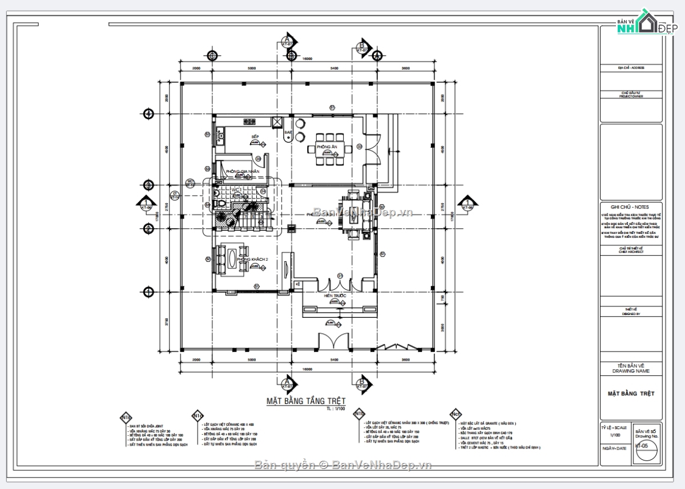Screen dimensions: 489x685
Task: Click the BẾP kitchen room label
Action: point(255,137)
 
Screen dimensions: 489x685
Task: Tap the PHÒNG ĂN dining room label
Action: point(327,147)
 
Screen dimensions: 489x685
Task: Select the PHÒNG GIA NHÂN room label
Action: point(242,171)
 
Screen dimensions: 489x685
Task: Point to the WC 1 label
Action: point(237,189)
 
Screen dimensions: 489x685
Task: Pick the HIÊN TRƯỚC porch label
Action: point(335,296)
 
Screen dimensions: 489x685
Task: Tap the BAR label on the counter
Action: point(288,132)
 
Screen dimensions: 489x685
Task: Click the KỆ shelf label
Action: point(297,284)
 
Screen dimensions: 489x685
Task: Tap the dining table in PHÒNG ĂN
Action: point(327,149)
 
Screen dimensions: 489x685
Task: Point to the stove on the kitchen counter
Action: point(249,121)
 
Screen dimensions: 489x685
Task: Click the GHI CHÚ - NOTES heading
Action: point(631,207)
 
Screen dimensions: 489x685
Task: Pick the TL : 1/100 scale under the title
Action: point(336,409)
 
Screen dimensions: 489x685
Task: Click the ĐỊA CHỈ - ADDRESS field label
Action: point(631,68)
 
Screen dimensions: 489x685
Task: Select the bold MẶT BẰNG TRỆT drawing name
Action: point(631,394)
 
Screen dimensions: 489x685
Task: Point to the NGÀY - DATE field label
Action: point(613,448)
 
